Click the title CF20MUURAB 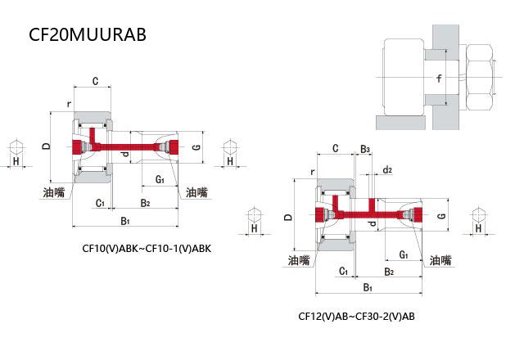(88, 34)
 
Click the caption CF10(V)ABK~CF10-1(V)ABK (147, 249)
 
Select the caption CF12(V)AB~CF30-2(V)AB (357, 316)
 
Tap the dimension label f (439, 79)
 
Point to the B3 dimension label (365, 149)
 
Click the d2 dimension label (387, 170)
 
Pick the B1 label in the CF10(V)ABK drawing (125, 221)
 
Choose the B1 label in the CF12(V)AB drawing (368, 287)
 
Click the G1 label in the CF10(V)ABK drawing (160, 179)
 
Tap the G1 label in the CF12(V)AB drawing (404, 254)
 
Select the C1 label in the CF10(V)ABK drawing (100, 203)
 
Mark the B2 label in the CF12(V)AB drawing (389, 272)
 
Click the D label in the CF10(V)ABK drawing (46, 146)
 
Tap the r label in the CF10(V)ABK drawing (69, 104)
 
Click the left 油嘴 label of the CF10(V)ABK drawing (54, 192)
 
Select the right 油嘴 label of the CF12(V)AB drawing (440, 260)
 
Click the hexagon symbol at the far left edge (16, 147)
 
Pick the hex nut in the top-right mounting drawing (480, 78)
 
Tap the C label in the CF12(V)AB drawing (336, 148)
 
